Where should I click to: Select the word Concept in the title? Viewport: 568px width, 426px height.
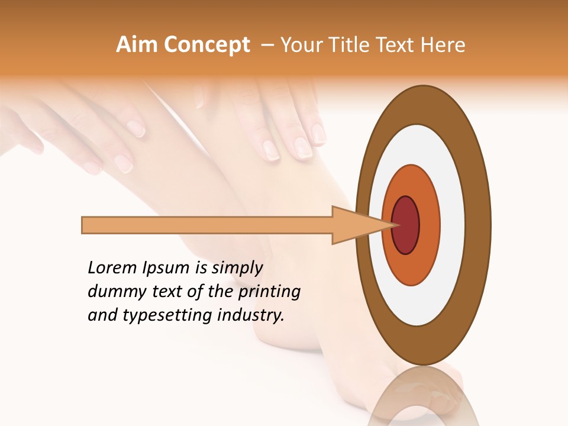(x=207, y=45)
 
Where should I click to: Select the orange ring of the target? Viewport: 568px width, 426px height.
(x=430, y=225)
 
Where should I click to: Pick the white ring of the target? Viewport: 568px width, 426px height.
(x=453, y=225)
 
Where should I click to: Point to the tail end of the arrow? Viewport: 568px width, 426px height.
(x=85, y=225)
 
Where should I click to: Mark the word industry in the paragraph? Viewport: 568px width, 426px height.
(x=252, y=315)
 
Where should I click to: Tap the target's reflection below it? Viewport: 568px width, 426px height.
(x=423, y=402)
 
